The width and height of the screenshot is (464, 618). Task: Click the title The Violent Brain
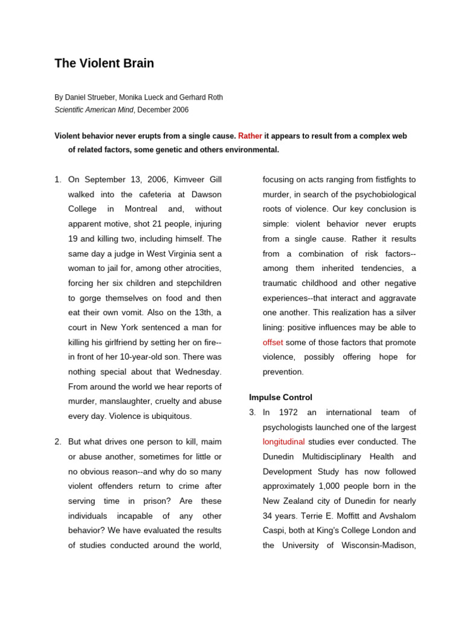click(104, 63)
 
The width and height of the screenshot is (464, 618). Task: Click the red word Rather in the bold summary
click(250, 136)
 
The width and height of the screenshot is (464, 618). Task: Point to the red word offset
click(273, 342)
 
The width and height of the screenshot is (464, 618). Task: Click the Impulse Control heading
click(281, 398)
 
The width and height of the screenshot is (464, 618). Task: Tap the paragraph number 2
click(57, 442)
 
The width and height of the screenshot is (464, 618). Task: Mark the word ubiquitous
click(169, 416)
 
